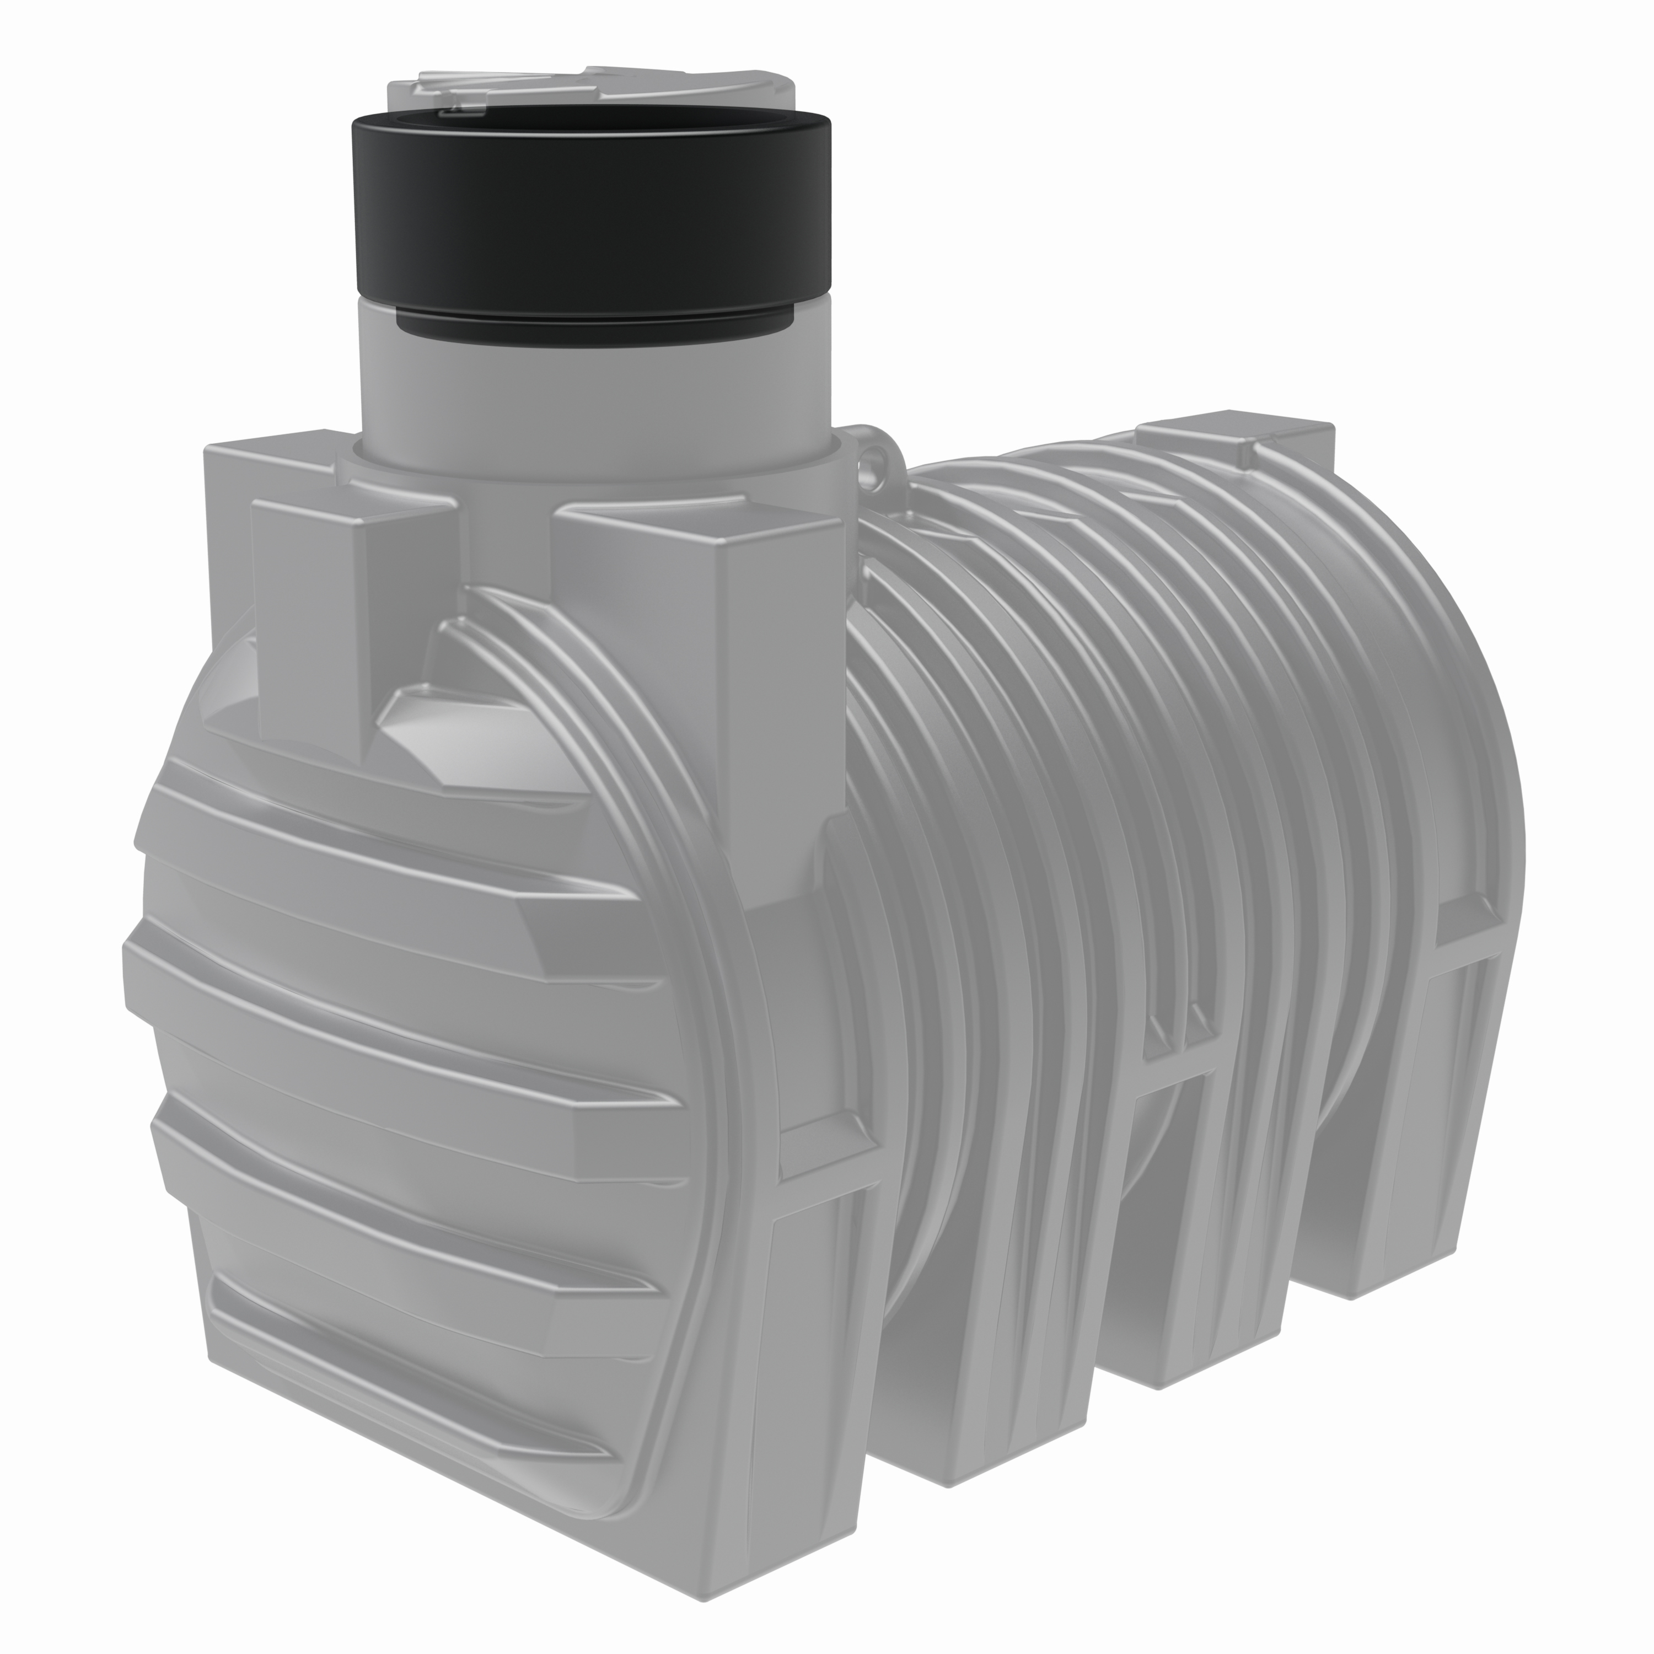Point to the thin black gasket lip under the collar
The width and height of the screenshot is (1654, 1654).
(x=590, y=330)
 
